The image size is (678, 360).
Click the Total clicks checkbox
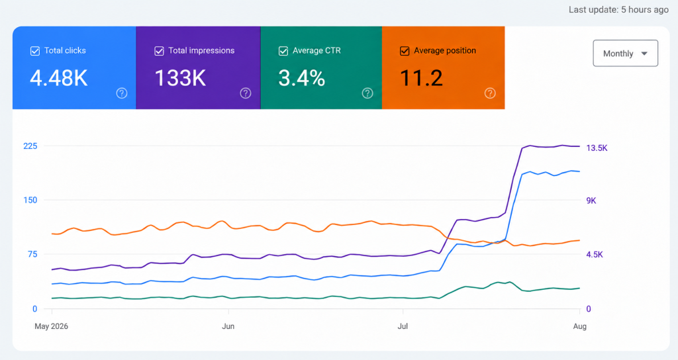[35, 51]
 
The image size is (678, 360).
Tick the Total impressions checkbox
[159, 51]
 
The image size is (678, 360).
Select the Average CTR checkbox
[283, 51]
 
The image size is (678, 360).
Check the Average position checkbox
[405, 51]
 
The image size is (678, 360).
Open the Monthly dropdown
[625, 53]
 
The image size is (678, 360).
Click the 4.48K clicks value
[59, 78]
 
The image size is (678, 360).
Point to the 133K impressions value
[180, 78]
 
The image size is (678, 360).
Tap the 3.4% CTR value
[301, 78]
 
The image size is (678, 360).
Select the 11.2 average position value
[421, 78]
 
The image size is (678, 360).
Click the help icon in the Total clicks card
[122, 93]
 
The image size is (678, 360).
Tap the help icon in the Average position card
[490, 93]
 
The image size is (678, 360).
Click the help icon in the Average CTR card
[367, 93]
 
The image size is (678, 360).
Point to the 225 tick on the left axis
[30, 146]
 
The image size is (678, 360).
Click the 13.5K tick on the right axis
[597, 148]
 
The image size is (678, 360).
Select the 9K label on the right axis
[591, 201]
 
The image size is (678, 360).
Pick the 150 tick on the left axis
[30, 200]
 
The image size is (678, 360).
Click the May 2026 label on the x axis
[52, 326]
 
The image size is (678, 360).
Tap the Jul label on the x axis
[403, 326]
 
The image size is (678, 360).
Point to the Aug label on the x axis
[579, 326]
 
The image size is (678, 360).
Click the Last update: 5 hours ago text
[618, 9]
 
